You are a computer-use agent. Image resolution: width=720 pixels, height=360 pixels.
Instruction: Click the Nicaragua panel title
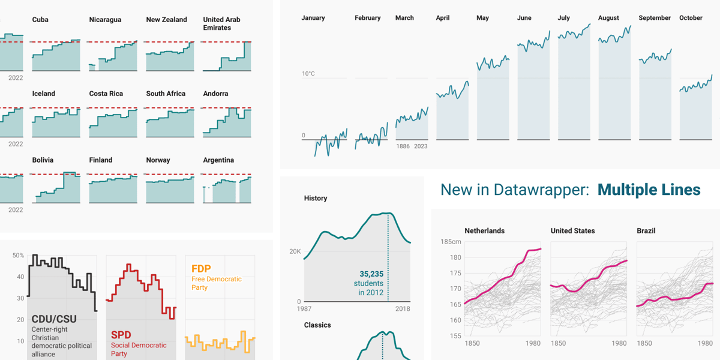point(105,20)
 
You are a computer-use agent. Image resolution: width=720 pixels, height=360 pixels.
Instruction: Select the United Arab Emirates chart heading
point(221,23)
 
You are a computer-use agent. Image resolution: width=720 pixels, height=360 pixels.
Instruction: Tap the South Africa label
point(166,94)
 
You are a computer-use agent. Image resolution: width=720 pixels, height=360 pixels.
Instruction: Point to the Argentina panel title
point(218,160)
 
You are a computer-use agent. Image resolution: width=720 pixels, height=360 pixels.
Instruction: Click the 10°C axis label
point(308,74)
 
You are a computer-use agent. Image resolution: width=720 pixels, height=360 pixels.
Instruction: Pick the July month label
point(563,18)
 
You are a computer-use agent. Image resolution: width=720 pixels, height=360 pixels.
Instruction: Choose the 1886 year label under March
point(403,146)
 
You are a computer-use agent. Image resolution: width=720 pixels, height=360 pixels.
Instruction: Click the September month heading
point(655,18)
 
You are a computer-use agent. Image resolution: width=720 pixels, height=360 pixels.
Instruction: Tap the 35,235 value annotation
point(372,274)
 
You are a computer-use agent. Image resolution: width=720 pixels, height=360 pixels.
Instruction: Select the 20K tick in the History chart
point(295,251)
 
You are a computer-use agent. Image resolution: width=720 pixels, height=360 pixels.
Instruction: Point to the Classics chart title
point(317,325)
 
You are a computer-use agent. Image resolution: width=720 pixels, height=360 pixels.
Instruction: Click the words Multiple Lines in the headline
point(649,190)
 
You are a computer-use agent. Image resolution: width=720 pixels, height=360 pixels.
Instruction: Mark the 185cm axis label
point(451,242)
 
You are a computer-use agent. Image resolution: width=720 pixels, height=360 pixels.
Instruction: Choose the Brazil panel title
point(647,231)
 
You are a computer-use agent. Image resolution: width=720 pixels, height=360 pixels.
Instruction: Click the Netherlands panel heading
point(484,231)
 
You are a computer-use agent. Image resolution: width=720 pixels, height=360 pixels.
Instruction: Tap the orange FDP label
point(201,269)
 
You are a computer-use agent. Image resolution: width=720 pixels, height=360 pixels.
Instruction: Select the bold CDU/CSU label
point(54,319)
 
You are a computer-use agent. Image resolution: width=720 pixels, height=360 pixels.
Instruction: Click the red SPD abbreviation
point(121,335)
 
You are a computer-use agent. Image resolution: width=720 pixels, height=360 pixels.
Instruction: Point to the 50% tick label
point(18,256)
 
